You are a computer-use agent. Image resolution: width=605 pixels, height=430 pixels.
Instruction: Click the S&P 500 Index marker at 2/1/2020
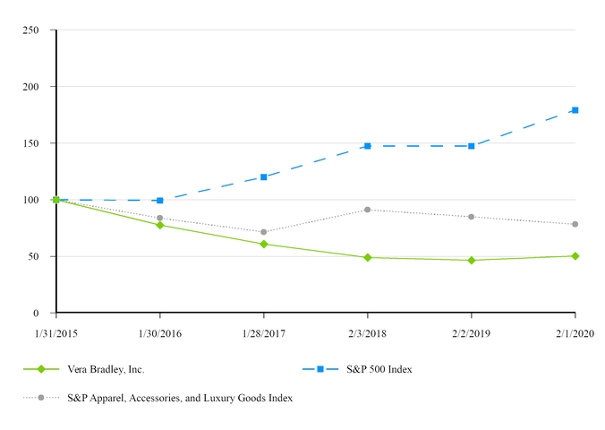click(x=575, y=110)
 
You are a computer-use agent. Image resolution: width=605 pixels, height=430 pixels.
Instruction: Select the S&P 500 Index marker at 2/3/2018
click(x=367, y=146)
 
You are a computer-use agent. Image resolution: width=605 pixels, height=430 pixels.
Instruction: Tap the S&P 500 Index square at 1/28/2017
click(x=263, y=177)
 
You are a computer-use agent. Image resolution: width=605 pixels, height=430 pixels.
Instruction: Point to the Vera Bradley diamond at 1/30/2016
click(x=159, y=225)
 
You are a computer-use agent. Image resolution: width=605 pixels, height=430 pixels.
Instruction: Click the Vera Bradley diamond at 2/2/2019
click(x=471, y=261)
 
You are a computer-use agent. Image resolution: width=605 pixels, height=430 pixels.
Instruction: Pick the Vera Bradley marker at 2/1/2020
click(x=575, y=256)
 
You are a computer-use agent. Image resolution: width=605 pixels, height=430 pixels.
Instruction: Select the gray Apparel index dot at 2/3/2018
click(x=367, y=210)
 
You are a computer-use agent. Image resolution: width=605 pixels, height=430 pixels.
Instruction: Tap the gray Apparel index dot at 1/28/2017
click(x=263, y=232)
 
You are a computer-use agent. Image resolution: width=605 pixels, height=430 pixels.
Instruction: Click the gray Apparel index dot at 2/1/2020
click(x=575, y=224)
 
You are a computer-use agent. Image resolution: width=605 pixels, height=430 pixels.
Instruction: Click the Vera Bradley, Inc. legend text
click(x=106, y=369)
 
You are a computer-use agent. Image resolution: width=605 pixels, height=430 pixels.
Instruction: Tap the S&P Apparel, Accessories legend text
click(x=180, y=397)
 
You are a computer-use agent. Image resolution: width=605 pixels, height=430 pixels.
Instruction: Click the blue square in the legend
click(x=320, y=369)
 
